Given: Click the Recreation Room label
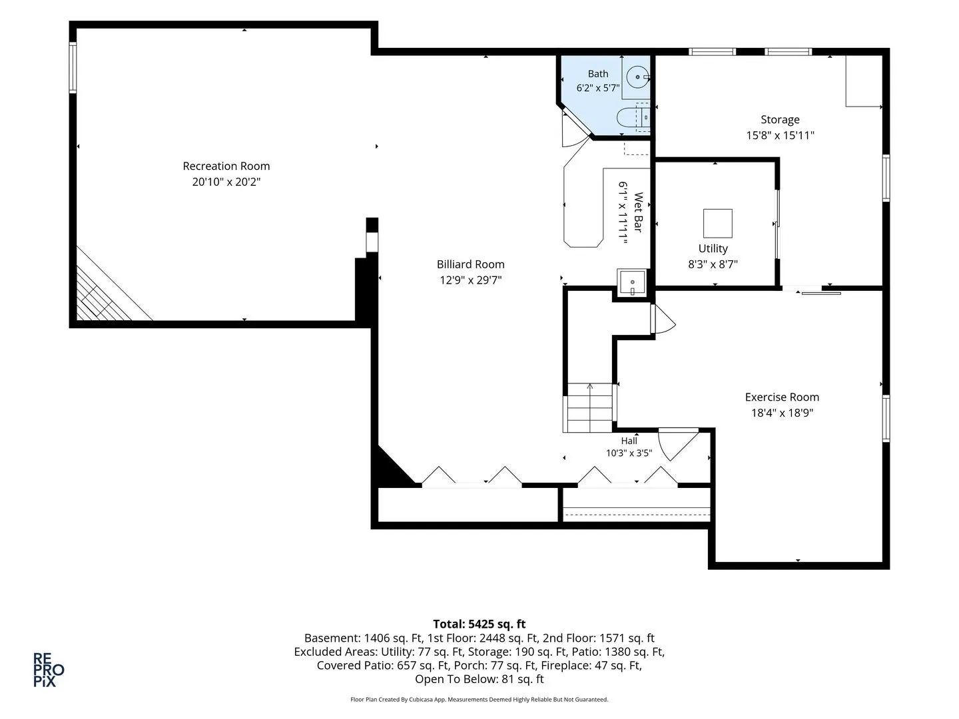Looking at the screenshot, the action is (226, 166).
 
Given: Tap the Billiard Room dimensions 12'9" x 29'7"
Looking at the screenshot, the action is (471, 280).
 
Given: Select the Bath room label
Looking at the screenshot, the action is (597, 74).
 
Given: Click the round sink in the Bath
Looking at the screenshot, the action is (638, 77).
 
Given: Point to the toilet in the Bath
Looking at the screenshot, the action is (633, 117).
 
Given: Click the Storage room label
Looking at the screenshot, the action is (780, 120).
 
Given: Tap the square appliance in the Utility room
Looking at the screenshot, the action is (717, 223).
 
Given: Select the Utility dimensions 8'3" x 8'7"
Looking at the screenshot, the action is (713, 264).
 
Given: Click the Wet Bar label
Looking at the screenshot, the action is (638, 212).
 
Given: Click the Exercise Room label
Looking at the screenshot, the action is (782, 397).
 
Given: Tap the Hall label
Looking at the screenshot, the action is (629, 441).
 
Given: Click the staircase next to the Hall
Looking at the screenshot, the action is (590, 407).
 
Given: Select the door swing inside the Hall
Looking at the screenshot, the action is (678, 445).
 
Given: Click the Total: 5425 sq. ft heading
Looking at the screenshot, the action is (479, 624).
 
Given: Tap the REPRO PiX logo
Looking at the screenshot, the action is (49, 670).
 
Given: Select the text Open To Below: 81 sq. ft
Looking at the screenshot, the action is (479, 679).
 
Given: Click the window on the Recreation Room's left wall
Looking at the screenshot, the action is (73, 68).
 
